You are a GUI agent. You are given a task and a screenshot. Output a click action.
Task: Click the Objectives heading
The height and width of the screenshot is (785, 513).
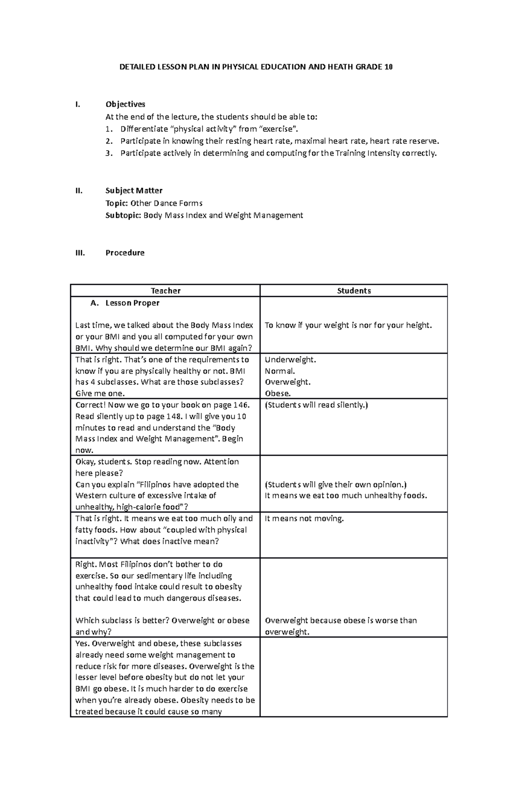click(125, 104)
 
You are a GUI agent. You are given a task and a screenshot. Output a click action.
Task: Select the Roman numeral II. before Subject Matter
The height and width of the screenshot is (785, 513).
click(79, 190)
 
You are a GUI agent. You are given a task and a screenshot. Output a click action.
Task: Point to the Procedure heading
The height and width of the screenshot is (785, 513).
click(125, 253)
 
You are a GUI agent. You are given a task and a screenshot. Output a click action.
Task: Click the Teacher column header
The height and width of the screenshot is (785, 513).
click(165, 291)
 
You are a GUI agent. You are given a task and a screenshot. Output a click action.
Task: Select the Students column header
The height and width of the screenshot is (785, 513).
click(354, 291)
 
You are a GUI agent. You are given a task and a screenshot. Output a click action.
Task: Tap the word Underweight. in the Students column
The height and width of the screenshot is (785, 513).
click(290, 360)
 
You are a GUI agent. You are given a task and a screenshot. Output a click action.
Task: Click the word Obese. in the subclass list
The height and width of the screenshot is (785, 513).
click(277, 394)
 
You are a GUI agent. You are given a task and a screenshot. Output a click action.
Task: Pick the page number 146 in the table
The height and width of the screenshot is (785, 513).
click(241, 405)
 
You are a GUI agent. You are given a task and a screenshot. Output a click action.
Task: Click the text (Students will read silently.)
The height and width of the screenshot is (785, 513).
click(316, 405)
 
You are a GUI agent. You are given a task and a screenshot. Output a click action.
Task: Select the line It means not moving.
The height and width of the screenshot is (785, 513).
click(304, 518)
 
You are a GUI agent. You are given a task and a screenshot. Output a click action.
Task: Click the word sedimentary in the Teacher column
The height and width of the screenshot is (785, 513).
click(161, 575)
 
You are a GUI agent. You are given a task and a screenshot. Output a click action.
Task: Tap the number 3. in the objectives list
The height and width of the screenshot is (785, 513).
click(109, 153)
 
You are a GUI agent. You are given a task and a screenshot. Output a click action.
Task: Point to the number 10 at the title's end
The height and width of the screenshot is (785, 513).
click(388, 67)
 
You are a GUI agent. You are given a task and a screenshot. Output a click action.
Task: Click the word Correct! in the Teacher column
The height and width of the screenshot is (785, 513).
click(91, 405)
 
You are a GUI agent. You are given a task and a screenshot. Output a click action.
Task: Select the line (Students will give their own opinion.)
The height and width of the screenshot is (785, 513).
click(336, 484)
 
